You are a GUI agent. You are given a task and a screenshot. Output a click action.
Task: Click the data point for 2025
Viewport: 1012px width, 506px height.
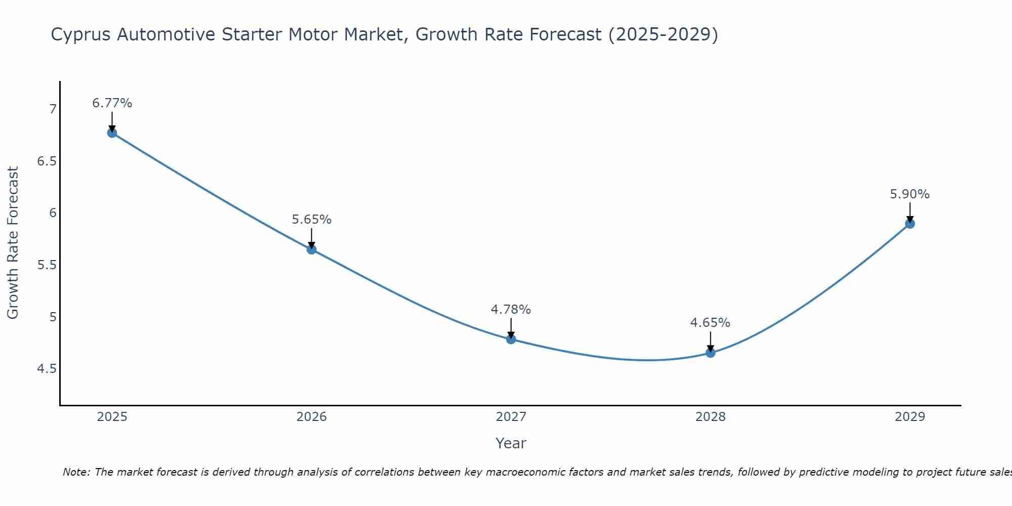(x=112, y=133)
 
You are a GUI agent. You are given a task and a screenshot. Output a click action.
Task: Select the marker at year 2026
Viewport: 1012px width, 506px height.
(x=312, y=249)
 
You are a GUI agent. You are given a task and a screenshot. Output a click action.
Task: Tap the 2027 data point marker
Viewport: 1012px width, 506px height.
(x=511, y=339)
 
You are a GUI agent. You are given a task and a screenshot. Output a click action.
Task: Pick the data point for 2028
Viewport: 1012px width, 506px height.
(x=710, y=353)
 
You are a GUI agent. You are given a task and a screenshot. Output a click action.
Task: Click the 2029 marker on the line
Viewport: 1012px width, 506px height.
(x=910, y=224)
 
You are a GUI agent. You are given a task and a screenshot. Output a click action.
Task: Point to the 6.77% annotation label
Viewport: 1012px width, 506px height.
(x=112, y=103)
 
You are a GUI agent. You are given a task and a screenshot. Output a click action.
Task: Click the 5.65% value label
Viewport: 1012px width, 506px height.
(x=312, y=220)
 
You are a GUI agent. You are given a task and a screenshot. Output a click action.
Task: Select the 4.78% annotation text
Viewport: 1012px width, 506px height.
(x=511, y=309)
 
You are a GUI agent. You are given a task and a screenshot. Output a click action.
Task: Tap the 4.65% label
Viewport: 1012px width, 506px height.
(x=710, y=323)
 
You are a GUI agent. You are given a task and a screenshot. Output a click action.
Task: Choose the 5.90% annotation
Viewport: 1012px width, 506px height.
(x=910, y=194)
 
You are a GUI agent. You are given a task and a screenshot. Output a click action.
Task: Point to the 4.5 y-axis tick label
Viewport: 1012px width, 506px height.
(x=46, y=369)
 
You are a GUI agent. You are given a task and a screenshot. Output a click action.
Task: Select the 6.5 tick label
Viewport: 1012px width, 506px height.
(x=46, y=161)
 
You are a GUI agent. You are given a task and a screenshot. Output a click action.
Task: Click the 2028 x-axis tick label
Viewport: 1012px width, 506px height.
(x=710, y=417)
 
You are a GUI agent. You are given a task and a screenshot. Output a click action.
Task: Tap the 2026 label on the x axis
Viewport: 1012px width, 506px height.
(x=312, y=417)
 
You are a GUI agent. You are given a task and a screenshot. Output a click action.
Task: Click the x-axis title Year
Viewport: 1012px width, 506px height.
(x=511, y=443)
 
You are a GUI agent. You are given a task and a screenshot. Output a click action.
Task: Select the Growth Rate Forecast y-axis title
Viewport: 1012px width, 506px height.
(x=13, y=243)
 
